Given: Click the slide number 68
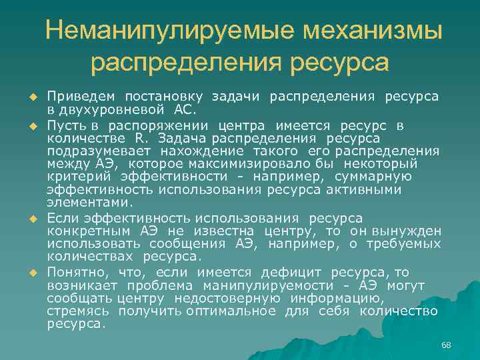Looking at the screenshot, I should pos(446,344).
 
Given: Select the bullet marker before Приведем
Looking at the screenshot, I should pos(31,97).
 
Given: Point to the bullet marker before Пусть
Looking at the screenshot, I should pos(31,126).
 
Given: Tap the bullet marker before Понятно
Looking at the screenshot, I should pos(31,273).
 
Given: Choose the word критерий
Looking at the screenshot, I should pos(79,177).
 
